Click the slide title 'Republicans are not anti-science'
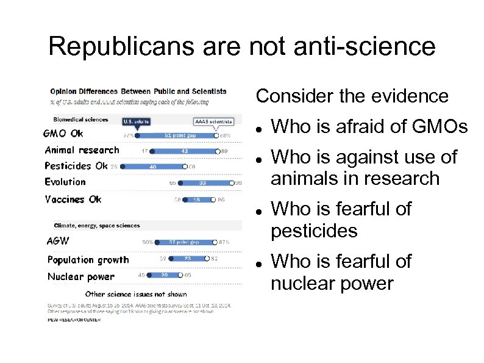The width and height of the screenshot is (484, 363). pos(242,46)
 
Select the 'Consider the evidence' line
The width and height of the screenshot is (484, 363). pos(352,96)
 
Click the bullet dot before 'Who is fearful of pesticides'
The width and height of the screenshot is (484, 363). pos(260,209)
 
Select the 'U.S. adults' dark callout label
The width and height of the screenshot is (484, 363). pos(137,121)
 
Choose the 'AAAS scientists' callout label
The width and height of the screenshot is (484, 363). pos(213,121)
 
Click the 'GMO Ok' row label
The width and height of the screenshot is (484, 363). pos(63,134)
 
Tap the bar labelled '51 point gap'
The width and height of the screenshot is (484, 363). pos(178,135)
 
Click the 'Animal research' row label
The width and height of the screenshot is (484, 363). pos(82,149)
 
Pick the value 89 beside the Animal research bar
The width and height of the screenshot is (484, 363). pos(225,150)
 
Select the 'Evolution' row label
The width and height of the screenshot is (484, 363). pos(65,181)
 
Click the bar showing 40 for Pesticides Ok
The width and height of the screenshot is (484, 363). pos(152,166)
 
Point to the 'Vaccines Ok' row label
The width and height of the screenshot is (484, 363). pos(73,199)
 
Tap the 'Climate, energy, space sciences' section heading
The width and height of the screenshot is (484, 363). pos(96,226)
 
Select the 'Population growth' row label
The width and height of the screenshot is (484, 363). pos(88,259)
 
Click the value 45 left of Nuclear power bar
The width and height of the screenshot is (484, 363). pos(141,275)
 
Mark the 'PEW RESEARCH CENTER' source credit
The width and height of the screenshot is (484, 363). pos(74,320)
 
